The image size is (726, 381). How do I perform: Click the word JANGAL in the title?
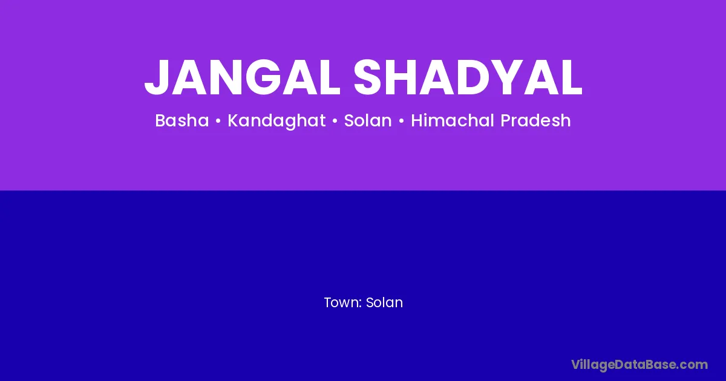click(242, 77)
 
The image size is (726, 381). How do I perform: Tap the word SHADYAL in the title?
click(468, 77)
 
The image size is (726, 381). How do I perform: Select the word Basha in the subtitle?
click(182, 120)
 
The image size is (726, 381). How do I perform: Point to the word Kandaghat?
click(276, 121)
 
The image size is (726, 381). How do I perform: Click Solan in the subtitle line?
click(368, 120)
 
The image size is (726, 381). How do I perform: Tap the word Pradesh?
click(535, 120)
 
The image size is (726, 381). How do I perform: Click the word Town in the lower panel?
click(341, 302)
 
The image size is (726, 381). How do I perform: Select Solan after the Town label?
click(384, 302)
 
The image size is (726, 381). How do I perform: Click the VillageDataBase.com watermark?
click(639, 365)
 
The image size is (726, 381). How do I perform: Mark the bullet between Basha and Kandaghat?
click(218, 121)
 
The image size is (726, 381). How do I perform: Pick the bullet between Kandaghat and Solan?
click(335, 121)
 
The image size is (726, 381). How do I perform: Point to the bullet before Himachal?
click(401, 121)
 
